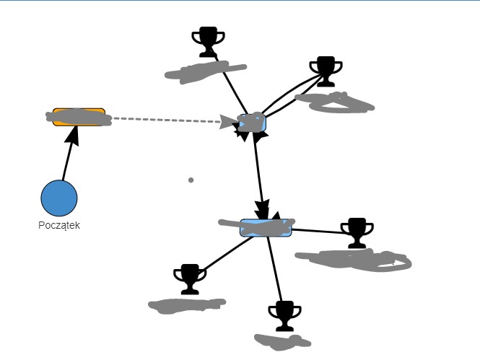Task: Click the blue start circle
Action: click(58, 198)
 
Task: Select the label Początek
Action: click(58, 225)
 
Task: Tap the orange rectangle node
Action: click(79, 117)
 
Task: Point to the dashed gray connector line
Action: click(166, 120)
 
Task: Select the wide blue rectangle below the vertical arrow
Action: click(266, 228)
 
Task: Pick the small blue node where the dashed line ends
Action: click(253, 123)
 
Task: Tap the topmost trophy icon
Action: click(208, 42)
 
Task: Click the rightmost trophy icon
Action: click(357, 232)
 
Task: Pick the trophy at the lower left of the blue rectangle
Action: click(190, 278)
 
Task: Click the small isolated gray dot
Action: click(191, 180)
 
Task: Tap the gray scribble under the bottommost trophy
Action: click(282, 339)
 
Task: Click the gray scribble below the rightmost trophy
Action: click(355, 259)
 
